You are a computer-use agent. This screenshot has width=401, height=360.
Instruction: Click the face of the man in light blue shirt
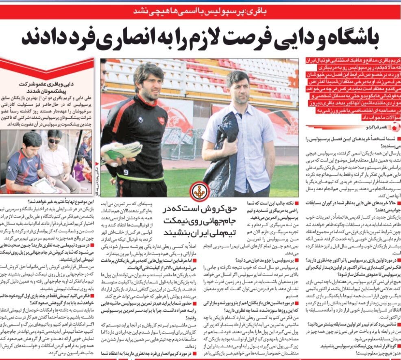(237, 88)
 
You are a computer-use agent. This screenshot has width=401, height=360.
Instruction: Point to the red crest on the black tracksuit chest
(161, 121)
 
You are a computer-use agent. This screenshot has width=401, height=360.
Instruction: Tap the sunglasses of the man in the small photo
(54, 141)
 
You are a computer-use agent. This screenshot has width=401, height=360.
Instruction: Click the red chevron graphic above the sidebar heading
(47, 67)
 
